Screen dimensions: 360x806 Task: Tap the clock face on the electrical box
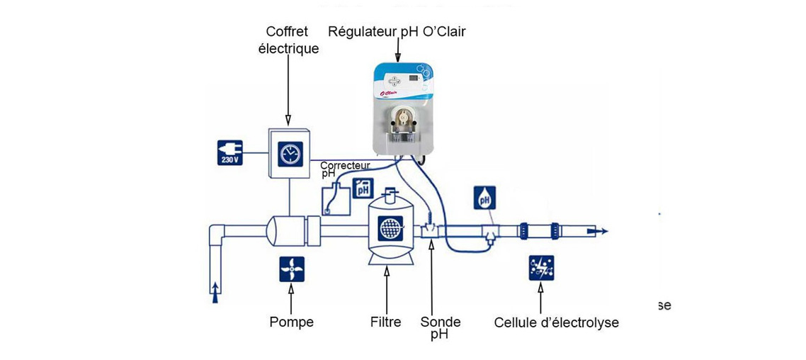point(288,152)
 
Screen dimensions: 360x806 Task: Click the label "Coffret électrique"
point(292,40)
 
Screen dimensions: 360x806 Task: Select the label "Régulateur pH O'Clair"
point(397,32)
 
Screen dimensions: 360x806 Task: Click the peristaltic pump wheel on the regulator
point(402,116)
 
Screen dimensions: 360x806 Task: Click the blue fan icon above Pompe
point(291,269)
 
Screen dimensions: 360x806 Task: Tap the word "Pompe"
point(291,322)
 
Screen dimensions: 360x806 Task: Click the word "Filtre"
point(386,322)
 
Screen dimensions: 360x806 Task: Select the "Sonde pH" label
point(440,327)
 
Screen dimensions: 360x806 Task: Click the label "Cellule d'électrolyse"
point(556,323)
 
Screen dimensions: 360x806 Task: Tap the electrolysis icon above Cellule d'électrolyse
point(542,269)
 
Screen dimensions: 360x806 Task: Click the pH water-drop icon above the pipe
point(485,198)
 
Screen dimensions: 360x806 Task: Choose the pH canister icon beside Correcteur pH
point(363,189)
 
